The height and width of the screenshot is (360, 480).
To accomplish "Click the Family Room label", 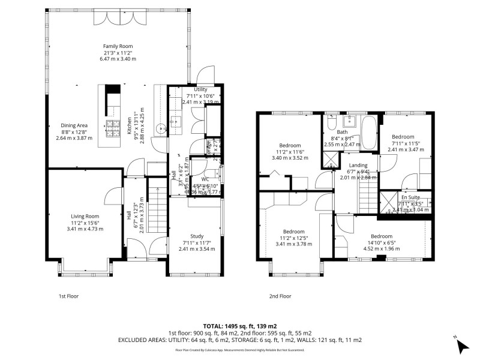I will click(118, 46).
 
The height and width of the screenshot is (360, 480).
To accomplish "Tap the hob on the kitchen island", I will click(113, 125).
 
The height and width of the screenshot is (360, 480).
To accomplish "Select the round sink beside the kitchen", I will click(160, 128).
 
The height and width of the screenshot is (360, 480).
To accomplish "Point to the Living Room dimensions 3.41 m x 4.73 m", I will click(85, 229).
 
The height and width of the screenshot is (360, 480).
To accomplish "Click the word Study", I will click(197, 236).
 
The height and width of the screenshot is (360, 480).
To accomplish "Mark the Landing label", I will click(358, 166).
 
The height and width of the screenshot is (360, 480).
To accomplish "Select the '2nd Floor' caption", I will click(280, 296).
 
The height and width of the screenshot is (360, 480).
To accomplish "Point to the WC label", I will click(205, 179).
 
